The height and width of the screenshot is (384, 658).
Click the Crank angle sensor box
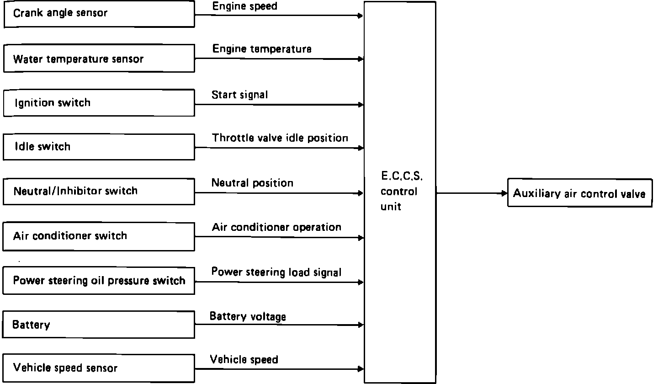[x=99, y=14]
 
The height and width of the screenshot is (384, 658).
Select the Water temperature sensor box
[x=99, y=59]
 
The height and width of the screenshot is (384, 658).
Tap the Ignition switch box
[x=99, y=103]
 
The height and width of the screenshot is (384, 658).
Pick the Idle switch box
[x=99, y=147]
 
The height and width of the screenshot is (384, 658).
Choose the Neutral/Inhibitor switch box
[x=99, y=191]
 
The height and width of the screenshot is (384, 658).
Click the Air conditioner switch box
[x=99, y=236]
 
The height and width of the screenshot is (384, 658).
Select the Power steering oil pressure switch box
[x=99, y=281]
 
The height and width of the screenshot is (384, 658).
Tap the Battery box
[x=99, y=325]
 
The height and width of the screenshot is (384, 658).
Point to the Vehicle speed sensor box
[x=99, y=368]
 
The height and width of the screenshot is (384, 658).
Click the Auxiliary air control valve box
[x=579, y=194]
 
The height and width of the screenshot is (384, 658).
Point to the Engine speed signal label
[x=244, y=6]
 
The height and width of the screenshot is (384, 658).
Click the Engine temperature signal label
[x=262, y=49]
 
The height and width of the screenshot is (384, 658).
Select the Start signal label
[x=239, y=95]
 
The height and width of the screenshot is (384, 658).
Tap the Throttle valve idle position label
[x=280, y=138]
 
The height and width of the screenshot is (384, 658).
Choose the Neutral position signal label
[x=252, y=183]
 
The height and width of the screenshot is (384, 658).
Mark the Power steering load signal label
[x=276, y=272]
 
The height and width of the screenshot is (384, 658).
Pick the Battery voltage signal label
[x=248, y=316]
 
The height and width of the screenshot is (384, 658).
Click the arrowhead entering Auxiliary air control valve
[x=505, y=193]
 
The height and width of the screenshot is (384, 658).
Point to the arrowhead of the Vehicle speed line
[x=361, y=369]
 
